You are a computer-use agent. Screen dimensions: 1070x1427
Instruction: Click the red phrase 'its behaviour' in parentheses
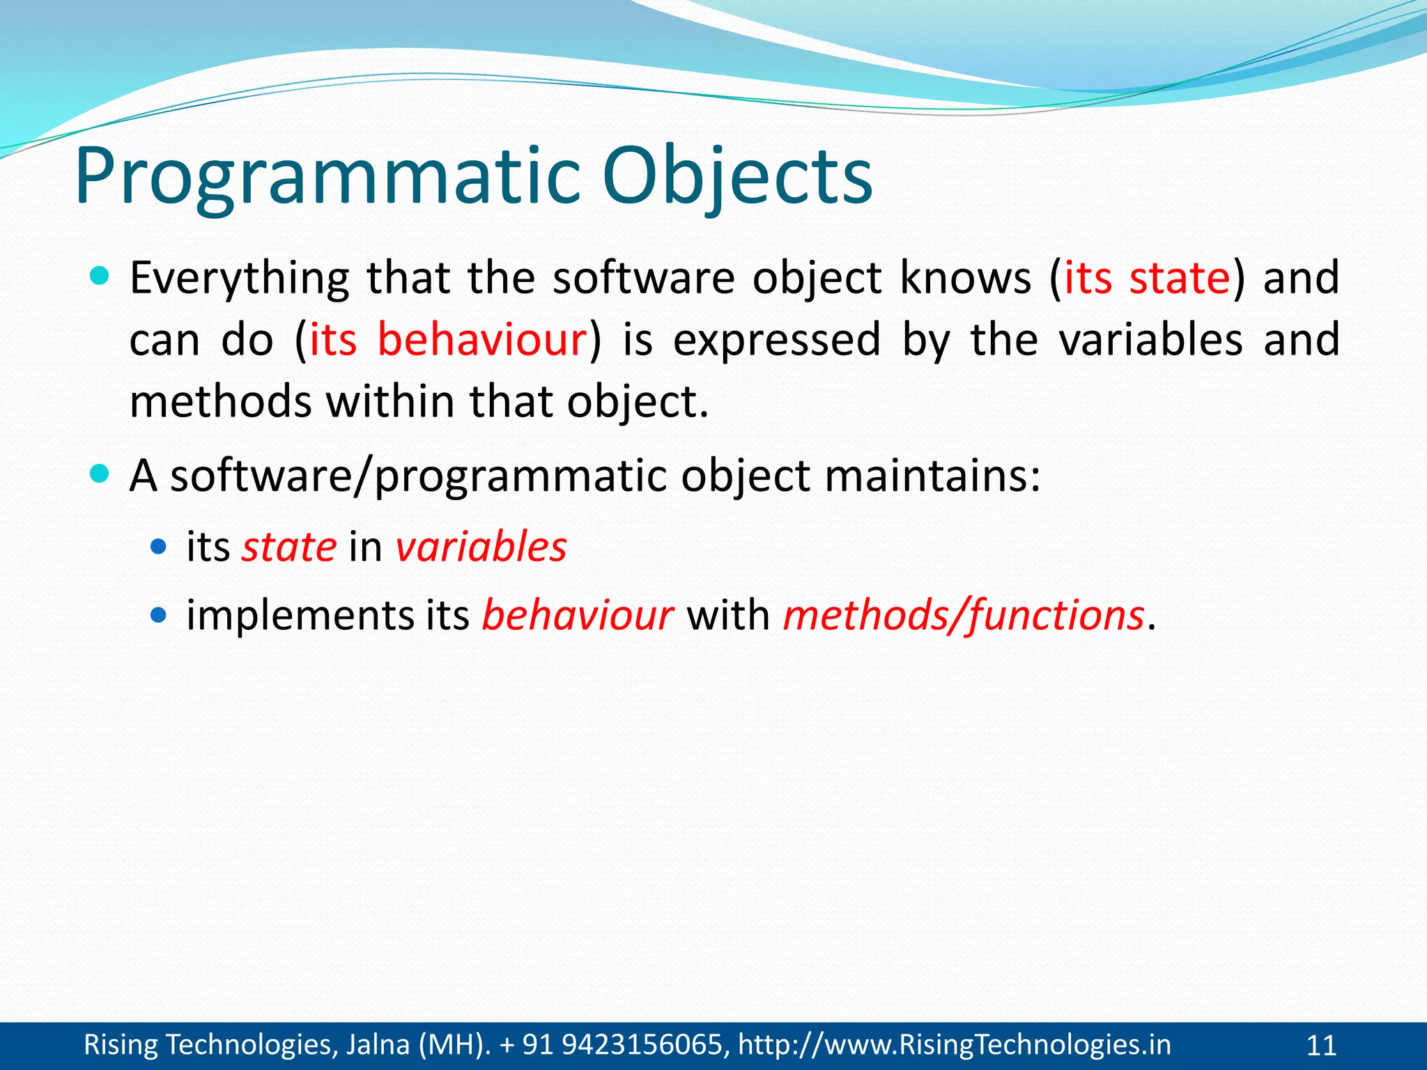point(448,341)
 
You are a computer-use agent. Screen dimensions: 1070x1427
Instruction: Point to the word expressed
point(776,341)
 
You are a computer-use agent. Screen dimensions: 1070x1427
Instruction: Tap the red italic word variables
point(481,547)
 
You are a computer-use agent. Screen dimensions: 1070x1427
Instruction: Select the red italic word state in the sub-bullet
point(289,547)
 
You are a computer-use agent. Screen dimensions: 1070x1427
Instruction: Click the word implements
point(300,616)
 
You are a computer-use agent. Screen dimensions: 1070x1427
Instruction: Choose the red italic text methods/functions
point(964,616)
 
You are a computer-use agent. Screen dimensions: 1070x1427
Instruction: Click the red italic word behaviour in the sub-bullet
point(578,616)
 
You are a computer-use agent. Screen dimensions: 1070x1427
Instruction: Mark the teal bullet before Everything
point(100,277)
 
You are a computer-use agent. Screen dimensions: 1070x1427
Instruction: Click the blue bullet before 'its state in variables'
point(159,546)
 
